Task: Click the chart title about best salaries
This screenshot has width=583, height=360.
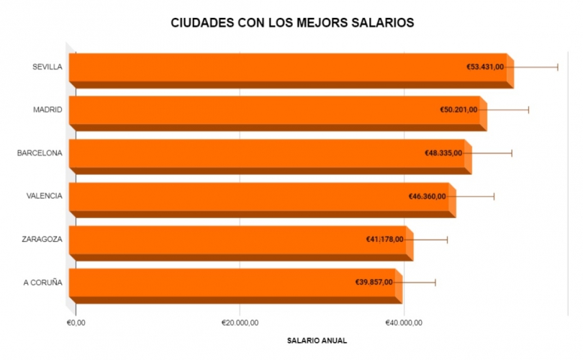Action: coord(292,23)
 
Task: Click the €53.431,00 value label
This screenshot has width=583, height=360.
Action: coord(486,67)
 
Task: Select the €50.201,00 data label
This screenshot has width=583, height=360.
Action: coord(458,110)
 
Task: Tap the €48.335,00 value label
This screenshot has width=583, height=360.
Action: coord(443,153)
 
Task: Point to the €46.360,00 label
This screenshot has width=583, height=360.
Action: coord(428,197)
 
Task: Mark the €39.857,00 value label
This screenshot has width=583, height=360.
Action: coord(374,282)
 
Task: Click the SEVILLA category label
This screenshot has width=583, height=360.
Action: coord(47,67)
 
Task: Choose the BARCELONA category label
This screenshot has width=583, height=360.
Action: coord(40,153)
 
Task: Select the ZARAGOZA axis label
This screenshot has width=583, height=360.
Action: coord(42,240)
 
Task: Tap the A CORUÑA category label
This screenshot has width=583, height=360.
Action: coord(42,282)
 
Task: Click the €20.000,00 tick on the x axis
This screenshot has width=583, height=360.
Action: coord(240,323)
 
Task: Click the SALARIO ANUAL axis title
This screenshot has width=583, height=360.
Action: coord(317,340)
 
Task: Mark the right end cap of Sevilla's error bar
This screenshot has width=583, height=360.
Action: coord(558,67)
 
